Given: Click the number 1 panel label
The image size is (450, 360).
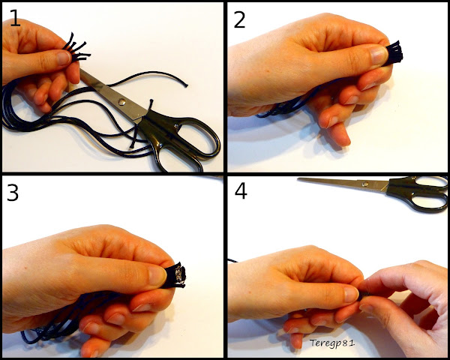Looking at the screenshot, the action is click(15, 18).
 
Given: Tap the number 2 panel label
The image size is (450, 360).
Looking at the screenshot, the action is click(240, 19).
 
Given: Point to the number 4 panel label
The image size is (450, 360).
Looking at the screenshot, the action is click(241, 191).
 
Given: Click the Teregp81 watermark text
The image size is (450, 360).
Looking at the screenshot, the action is click(332, 343).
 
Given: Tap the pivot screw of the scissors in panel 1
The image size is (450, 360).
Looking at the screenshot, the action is click(122, 101).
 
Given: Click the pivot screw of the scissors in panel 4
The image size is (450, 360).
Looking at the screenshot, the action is click(365, 184).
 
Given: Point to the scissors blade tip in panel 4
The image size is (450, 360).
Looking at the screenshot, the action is click(298, 179).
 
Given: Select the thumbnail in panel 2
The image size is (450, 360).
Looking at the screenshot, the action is click(379, 55).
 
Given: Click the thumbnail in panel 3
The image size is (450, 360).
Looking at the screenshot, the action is click(157, 275).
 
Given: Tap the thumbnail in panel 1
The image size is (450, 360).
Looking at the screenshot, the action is click(64, 58).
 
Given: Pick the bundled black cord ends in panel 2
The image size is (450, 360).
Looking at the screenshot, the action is click(393, 54).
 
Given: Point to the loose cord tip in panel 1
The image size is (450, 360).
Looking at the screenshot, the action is click(186, 85).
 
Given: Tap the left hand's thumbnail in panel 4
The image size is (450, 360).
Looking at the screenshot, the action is click(351, 295).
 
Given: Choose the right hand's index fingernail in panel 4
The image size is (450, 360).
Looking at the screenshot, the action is click(365, 308).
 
